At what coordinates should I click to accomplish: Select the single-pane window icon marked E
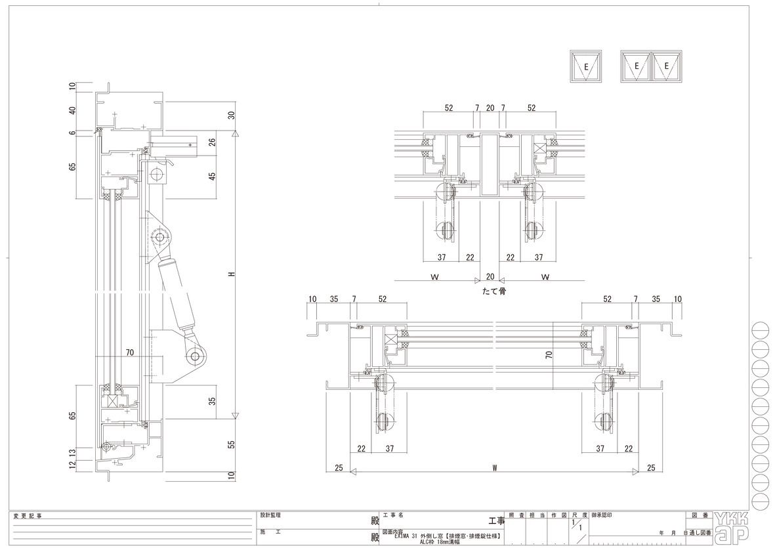pos(585,66)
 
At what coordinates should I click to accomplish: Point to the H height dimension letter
pos(232,274)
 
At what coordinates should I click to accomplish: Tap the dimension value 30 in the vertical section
pos(231,116)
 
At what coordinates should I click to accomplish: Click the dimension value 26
pos(211,142)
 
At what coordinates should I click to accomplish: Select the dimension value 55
pos(231,444)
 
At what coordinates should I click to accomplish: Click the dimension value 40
pos(73,111)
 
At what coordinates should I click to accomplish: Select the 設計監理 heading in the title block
pos(270,516)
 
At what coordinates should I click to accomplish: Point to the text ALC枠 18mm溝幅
pos(444,542)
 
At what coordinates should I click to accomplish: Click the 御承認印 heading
pos(602,516)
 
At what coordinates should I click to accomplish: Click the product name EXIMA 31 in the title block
pos(409,536)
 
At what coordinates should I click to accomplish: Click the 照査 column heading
pos(516,516)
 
